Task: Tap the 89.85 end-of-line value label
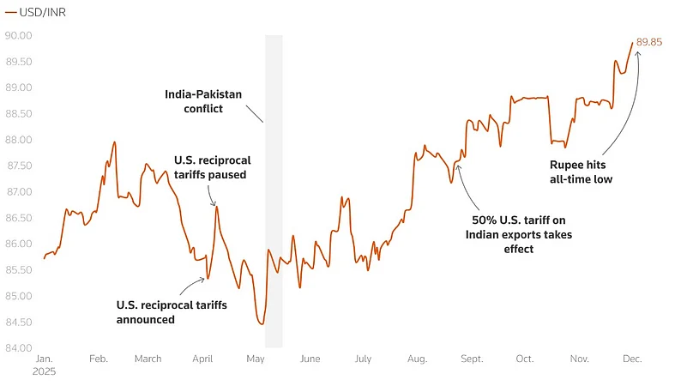(649, 41)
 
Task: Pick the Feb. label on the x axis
(99, 359)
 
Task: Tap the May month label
(255, 359)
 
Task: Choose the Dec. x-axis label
(632, 359)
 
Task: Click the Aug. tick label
(418, 359)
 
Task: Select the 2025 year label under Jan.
(44, 373)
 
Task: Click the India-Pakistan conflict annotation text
(194, 101)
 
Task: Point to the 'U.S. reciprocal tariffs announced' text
(172, 312)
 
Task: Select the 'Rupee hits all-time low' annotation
(581, 172)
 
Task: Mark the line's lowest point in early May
(261, 323)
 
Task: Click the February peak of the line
(115, 142)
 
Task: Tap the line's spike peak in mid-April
(216, 207)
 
